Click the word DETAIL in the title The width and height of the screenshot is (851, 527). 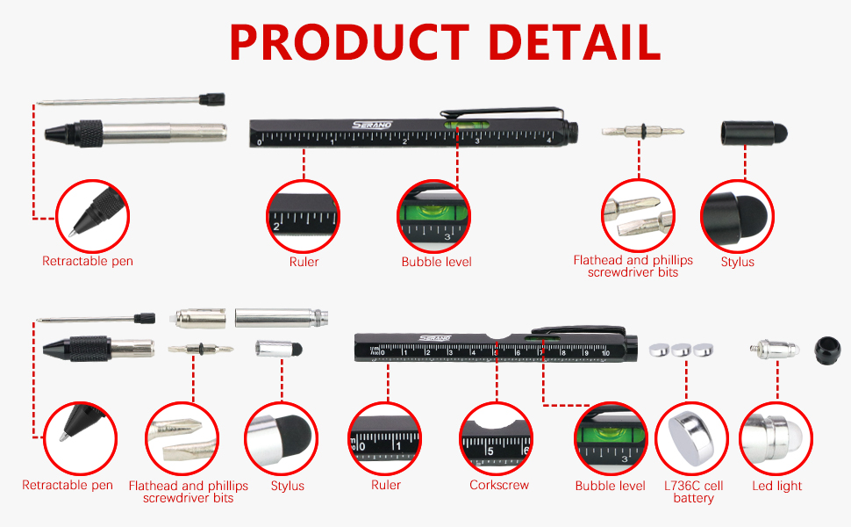[574, 41]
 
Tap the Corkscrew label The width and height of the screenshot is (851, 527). [499, 486]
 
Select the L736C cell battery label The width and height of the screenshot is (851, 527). [693, 492]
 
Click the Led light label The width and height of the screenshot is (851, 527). [776, 486]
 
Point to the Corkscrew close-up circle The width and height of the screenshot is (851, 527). [496, 437]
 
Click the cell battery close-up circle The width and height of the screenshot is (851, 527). [693, 437]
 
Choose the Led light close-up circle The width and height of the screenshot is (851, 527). [776, 437]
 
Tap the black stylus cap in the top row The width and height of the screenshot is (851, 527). [754, 134]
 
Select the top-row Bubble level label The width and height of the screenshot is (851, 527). [436, 262]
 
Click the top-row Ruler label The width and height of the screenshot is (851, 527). [304, 262]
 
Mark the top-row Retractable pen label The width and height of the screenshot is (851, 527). [88, 262]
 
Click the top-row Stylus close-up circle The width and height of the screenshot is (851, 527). [737, 215]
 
